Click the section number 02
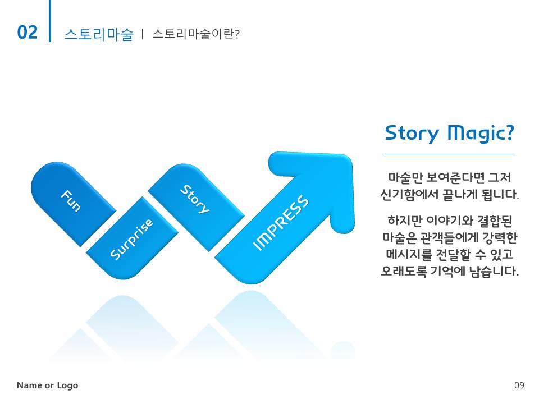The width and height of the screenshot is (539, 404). pyautogui.click(x=27, y=33)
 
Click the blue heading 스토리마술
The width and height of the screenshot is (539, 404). pyautogui.click(x=99, y=34)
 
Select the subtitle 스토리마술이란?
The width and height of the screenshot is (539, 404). pyautogui.click(x=195, y=34)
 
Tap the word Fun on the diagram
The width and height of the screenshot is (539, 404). pyautogui.click(x=71, y=200)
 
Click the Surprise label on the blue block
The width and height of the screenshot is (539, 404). pyautogui.click(x=131, y=239)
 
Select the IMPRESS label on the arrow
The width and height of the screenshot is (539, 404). pyautogui.click(x=281, y=222)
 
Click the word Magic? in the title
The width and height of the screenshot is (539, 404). pyautogui.click(x=481, y=134)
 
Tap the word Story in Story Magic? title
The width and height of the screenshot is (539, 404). pyautogui.click(x=412, y=134)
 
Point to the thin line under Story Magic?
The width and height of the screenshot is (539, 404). pyautogui.click(x=448, y=154)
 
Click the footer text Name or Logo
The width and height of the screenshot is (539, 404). pyautogui.click(x=47, y=385)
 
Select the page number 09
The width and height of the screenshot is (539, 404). pyautogui.click(x=519, y=385)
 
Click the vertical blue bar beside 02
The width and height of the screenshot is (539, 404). pyautogui.click(x=50, y=21)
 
